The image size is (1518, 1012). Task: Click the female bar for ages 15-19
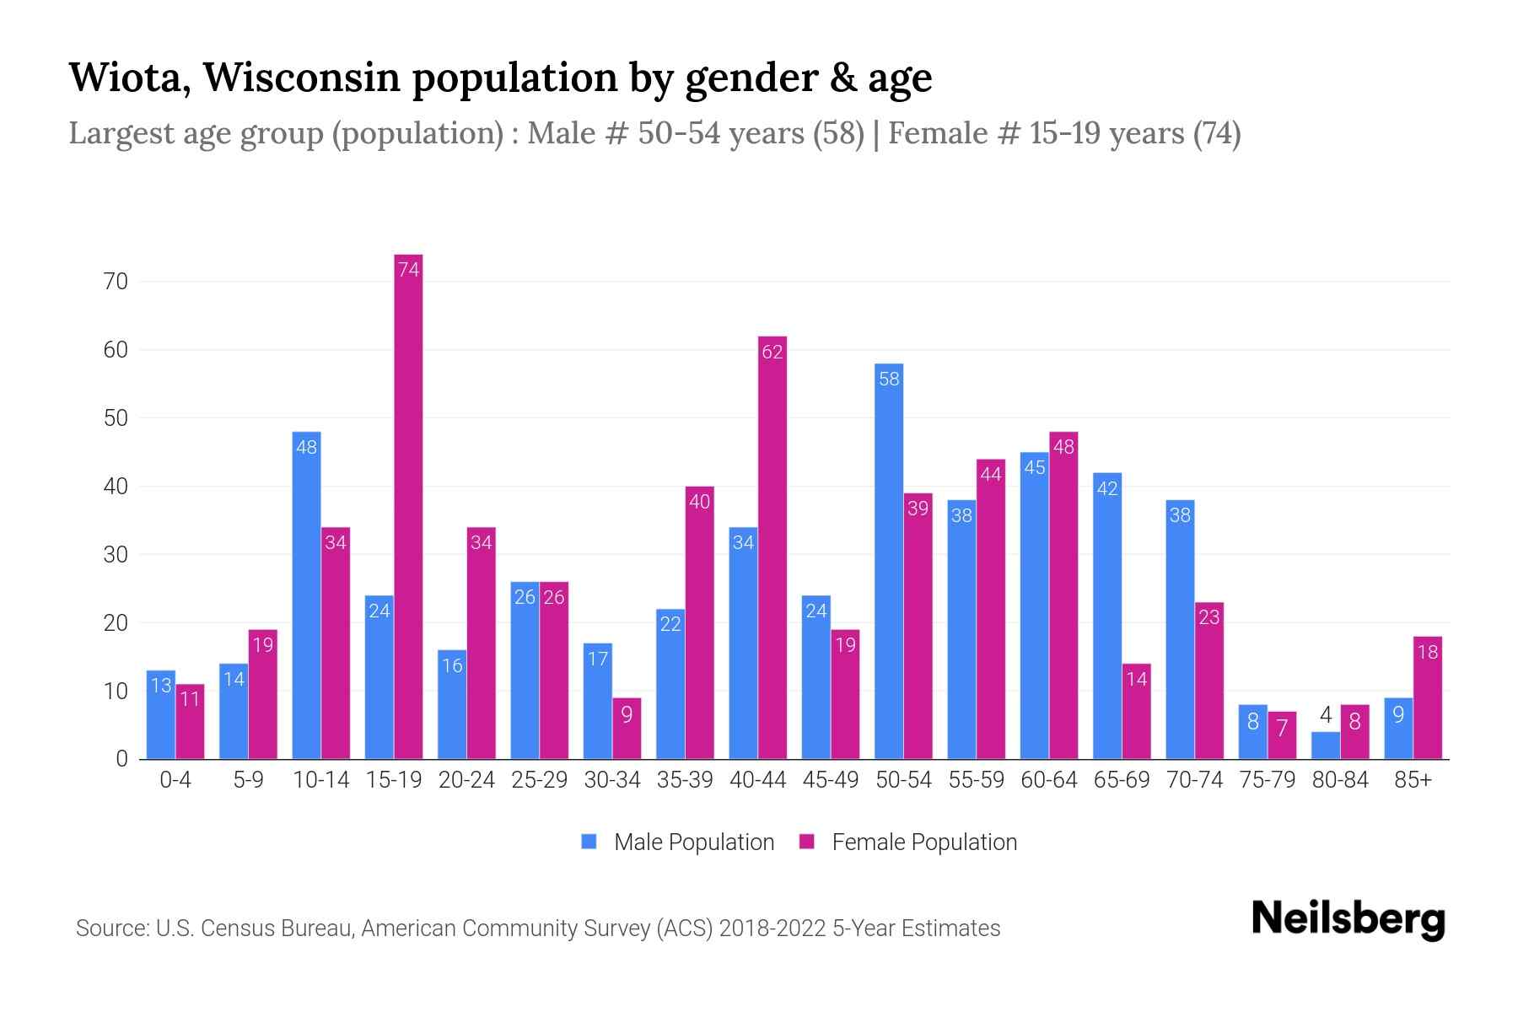coord(408,506)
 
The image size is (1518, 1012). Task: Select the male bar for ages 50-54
coord(889,561)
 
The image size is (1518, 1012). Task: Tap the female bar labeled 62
coord(772,548)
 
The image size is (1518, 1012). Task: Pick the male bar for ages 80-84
coord(1326,746)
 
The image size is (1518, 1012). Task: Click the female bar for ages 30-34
coord(627,729)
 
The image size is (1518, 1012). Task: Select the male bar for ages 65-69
coord(1107,616)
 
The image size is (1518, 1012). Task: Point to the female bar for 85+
coord(1428,698)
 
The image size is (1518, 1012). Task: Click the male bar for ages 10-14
coord(306,595)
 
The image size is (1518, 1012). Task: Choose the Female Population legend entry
coord(908,842)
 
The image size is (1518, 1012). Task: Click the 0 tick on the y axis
coord(121,759)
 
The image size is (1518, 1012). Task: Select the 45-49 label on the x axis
coord(831,780)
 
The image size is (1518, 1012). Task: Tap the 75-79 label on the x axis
coord(1268,780)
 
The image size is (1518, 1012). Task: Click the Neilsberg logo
coord(1348,919)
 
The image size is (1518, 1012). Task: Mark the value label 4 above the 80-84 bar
coord(1326,716)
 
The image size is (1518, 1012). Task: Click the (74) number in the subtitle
coord(1216,133)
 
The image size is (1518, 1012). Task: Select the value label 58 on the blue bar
coord(889,379)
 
